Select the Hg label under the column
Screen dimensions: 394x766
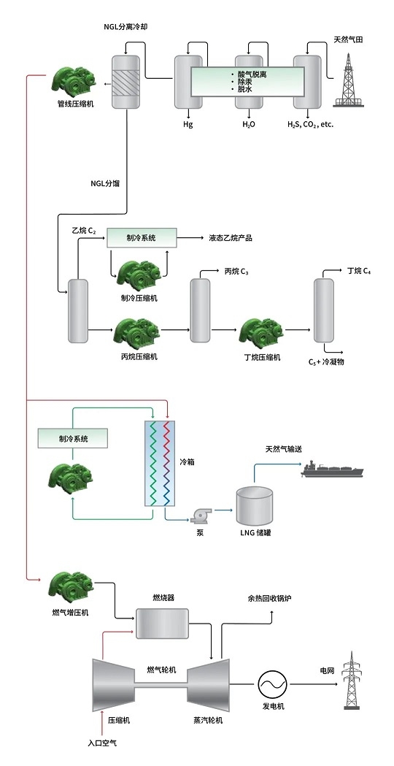tap(188, 124)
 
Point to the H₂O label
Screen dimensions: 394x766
tap(249, 124)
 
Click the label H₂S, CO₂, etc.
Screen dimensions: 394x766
tap(310, 124)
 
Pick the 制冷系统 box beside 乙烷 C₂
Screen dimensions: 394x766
tap(142, 238)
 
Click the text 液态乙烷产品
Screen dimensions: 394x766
tap(231, 238)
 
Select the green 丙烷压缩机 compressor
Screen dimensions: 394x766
tap(137, 332)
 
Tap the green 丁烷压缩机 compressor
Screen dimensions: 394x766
tap(262, 332)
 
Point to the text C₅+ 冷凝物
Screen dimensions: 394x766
tap(326, 362)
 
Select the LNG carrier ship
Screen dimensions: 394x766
tap(333, 469)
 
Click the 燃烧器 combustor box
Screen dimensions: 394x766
tap(162, 623)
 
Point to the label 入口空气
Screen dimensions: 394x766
tap(103, 743)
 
